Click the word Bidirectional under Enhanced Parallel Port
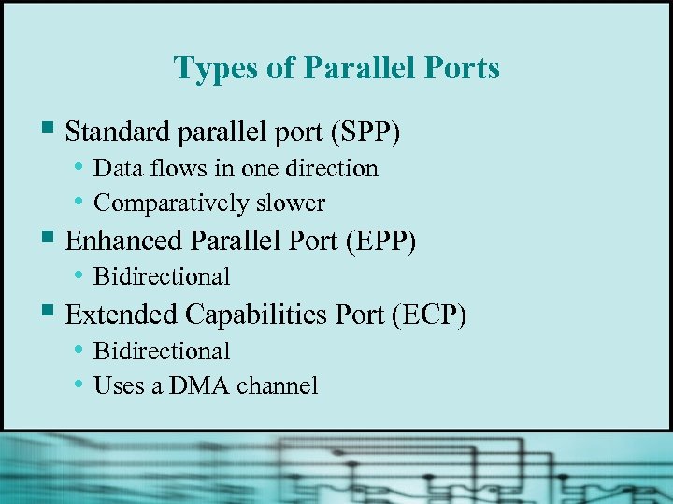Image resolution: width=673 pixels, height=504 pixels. point(162,276)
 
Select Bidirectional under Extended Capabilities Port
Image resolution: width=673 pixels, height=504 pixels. point(162,351)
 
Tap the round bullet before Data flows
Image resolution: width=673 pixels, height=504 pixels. point(82,168)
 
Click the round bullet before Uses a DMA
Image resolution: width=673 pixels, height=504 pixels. point(82,385)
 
